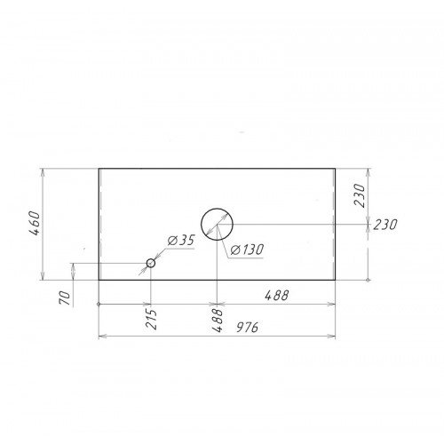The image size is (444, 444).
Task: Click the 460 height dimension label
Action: point(35,224)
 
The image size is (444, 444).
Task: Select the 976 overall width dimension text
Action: point(248,327)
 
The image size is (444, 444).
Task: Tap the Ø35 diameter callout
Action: point(181,241)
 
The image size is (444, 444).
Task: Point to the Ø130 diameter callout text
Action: point(247,250)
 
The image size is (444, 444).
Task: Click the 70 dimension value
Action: point(65,298)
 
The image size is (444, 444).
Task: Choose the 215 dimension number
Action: point(151,320)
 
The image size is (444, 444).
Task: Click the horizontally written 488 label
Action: point(276,295)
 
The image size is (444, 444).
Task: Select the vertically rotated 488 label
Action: point(218,321)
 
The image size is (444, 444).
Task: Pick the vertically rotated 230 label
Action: point(360,195)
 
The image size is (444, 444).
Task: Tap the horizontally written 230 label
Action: point(385,225)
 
